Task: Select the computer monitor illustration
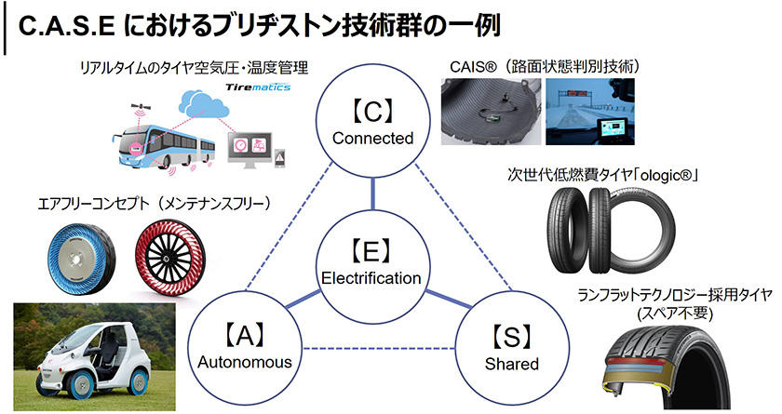pos(249,150)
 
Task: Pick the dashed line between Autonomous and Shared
pos(371,349)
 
